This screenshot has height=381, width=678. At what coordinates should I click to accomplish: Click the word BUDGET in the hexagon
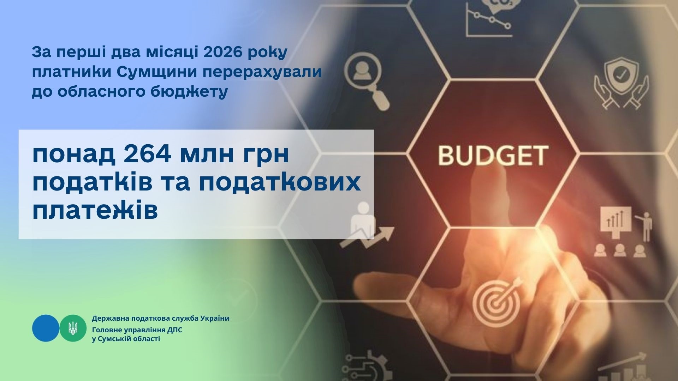[x=493, y=156]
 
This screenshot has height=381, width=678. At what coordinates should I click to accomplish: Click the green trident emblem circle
[x=73, y=328]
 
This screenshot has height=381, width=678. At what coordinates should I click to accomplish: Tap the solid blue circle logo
[x=46, y=328]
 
